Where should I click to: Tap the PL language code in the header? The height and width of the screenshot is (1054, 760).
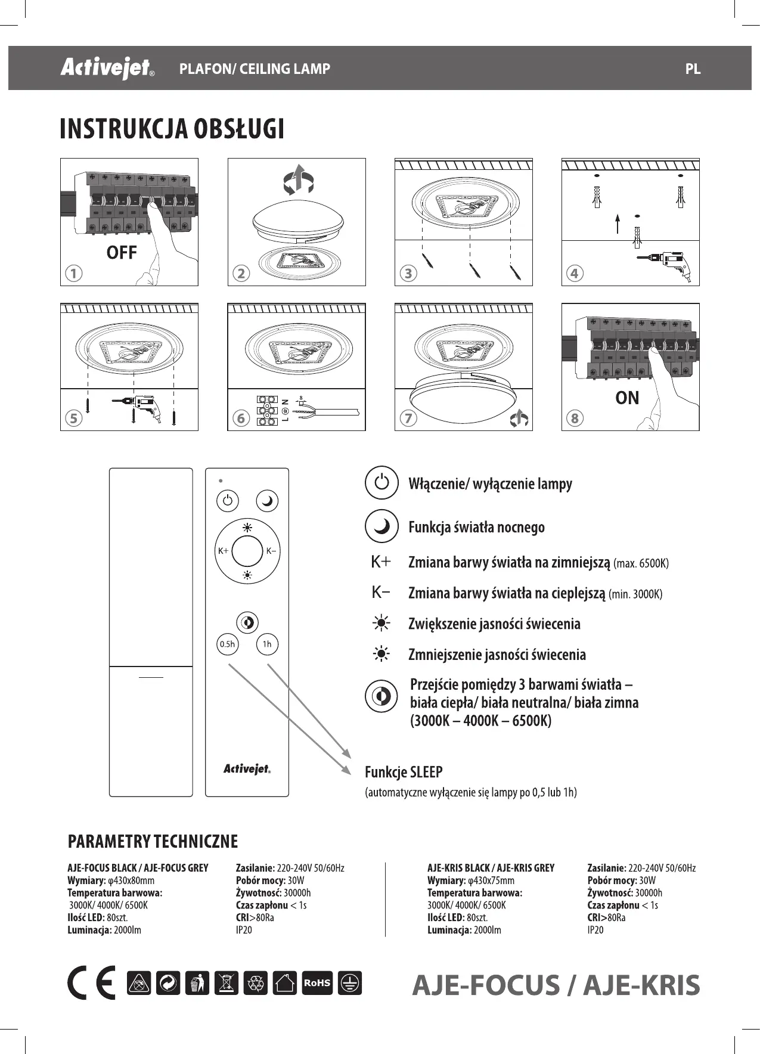tap(693, 69)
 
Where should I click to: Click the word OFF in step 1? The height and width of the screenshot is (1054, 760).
tap(122, 253)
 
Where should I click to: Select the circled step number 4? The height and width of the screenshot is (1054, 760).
tap(574, 274)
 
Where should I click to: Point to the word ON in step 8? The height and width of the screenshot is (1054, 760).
tap(627, 398)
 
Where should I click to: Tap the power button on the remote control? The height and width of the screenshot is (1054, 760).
tap(227, 501)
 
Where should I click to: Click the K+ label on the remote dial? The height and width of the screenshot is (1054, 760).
tap(223, 551)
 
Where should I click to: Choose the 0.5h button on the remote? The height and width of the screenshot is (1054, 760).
tap(227, 644)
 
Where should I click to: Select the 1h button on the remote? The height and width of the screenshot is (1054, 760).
tap(267, 644)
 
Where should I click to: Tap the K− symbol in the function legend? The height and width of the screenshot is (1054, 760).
tap(380, 593)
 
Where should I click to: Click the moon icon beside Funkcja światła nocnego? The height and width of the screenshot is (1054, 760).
tap(381, 526)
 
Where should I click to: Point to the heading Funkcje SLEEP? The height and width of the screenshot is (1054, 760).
tap(404, 773)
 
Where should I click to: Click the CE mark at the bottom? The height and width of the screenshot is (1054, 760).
tap(91, 983)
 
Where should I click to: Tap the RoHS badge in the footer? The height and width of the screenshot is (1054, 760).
tap(317, 983)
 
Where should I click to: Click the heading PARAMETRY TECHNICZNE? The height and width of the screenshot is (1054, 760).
tap(153, 841)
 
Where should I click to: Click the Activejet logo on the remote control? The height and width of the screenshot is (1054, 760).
tap(247, 770)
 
